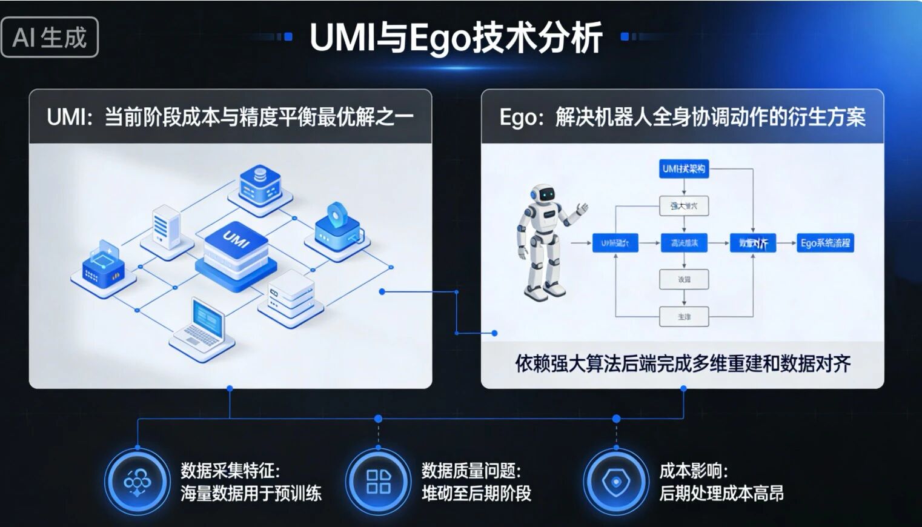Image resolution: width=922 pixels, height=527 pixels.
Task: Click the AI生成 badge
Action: click(50, 38)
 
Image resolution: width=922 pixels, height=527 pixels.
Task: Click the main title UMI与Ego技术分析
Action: click(456, 38)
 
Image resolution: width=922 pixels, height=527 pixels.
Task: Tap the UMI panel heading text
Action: click(230, 116)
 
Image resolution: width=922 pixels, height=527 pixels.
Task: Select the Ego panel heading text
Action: click(682, 116)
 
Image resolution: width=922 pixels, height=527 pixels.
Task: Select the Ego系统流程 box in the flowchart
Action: click(824, 243)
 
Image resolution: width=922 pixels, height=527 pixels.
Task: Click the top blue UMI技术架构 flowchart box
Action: click(683, 169)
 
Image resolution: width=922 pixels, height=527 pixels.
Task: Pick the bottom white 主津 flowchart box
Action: click(684, 317)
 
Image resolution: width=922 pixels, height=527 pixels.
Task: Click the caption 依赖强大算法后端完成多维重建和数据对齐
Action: click(683, 363)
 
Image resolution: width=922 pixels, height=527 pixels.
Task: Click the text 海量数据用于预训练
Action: click(251, 494)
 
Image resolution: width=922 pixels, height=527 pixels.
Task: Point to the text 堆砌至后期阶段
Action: click(476, 494)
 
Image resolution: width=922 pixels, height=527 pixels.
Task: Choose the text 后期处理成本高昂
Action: click(721, 494)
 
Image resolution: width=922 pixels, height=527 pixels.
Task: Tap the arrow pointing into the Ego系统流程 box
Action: click(786, 243)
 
